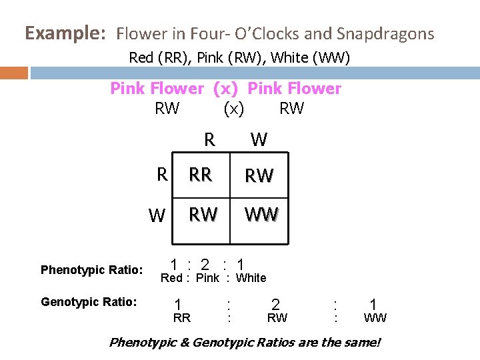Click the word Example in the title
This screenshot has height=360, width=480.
[x=65, y=33]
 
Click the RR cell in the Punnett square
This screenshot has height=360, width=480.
[x=200, y=175]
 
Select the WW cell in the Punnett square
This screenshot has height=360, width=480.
[x=261, y=215]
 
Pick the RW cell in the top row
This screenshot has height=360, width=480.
[x=259, y=176]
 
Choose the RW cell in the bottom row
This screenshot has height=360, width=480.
[x=203, y=215]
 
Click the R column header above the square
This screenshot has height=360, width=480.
[x=209, y=140]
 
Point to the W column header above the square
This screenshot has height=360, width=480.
[x=259, y=140]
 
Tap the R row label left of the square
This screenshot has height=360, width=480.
[x=161, y=175]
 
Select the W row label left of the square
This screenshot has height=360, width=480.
[x=157, y=216]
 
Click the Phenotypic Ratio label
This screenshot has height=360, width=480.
[x=91, y=270]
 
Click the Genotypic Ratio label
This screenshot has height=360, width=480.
[x=89, y=303]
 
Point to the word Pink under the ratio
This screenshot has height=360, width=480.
[x=207, y=278]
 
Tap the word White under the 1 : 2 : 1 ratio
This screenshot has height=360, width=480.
[x=251, y=278]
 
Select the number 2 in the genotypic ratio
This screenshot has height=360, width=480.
[x=275, y=305]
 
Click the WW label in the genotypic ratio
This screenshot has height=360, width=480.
[x=375, y=319]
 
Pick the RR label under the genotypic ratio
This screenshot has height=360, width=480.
[x=181, y=319]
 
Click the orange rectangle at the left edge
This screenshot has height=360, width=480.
[x=14, y=73]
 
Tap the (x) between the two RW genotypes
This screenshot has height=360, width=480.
[x=233, y=109]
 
